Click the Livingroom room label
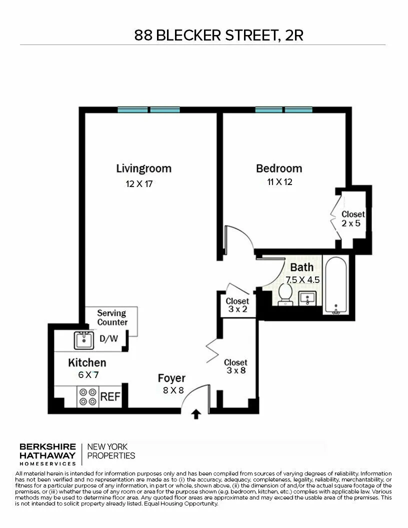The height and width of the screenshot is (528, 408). click(143, 168)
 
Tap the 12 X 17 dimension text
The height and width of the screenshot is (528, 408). click(139, 184)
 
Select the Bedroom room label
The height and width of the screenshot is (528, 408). click(279, 168)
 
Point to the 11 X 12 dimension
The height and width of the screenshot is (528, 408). click(279, 182)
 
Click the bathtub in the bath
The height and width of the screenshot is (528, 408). click(335, 285)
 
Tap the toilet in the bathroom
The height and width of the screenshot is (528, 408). click(285, 294)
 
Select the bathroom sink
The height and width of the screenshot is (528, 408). click(306, 298)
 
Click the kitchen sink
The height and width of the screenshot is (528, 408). click(84, 340)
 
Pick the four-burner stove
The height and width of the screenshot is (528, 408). click(88, 397)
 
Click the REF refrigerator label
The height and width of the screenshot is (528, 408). click(110, 397)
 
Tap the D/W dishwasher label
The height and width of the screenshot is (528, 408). click(108, 338)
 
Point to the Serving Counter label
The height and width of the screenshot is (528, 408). click(112, 318)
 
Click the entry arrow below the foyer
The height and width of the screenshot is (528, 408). click(196, 414)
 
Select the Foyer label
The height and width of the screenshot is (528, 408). click(171, 378)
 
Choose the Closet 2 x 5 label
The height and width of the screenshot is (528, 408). click(353, 219)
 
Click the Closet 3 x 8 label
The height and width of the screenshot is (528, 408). click(235, 366)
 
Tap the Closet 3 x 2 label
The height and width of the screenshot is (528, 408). click(237, 305)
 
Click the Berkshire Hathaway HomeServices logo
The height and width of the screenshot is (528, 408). click(47, 451)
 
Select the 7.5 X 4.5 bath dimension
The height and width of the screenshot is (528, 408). click(302, 279)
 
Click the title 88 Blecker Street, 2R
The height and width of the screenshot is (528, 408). click(219, 35)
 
